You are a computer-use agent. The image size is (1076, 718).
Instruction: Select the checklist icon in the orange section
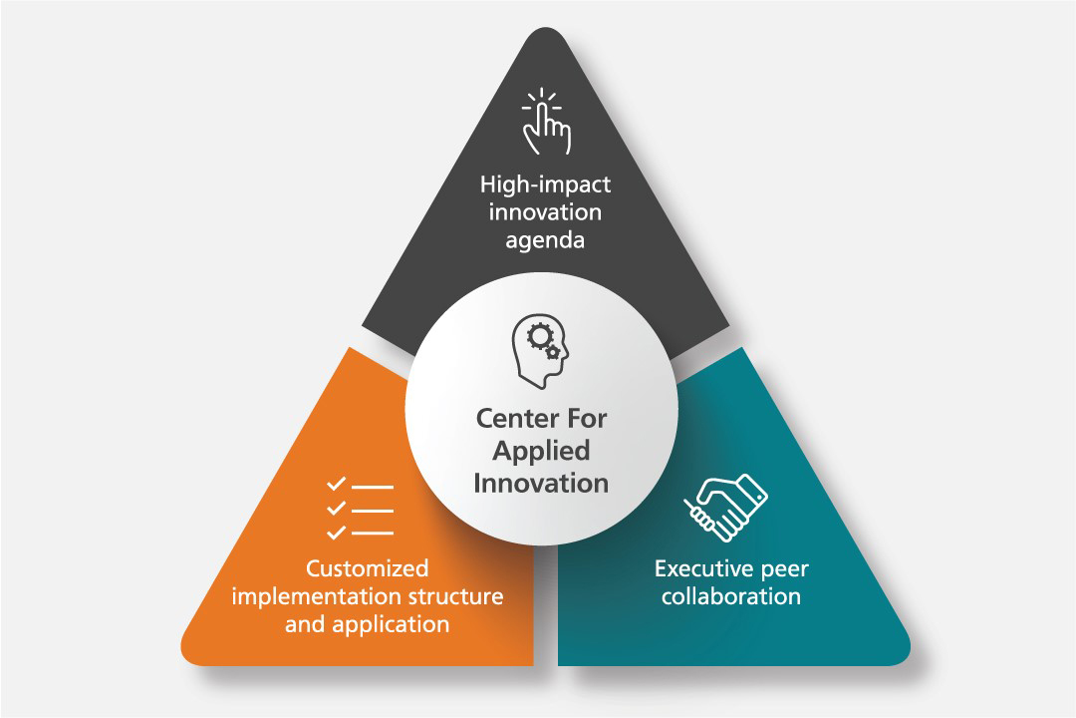360,509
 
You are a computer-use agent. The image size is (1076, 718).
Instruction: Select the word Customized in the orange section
368,568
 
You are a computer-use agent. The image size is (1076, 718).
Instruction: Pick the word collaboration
731,596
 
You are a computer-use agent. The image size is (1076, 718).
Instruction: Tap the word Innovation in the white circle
541,483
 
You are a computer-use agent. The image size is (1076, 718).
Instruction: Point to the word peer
787,569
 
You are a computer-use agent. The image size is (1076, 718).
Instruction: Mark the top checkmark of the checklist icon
336,485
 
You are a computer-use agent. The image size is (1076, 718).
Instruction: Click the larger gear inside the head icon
538,338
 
